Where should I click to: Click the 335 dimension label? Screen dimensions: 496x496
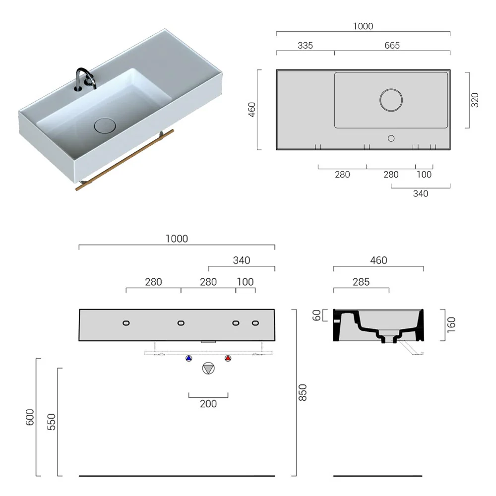click(305, 46)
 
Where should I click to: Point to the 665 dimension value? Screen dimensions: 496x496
click(392, 46)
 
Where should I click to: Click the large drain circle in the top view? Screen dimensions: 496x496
click(391, 100)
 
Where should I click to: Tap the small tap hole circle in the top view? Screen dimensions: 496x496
click(391, 137)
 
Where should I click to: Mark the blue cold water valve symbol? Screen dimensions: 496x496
click(188, 358)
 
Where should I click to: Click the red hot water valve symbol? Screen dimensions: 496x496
click(228, 358)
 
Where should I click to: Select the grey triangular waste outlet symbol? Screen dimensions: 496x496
click(208, 369)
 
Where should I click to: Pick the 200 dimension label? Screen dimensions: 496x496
click(208, 404)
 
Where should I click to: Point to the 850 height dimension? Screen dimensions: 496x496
click(303, 392)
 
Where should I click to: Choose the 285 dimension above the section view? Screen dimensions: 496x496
click(361, 282)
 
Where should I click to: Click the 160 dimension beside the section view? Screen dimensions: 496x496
click(450, 325)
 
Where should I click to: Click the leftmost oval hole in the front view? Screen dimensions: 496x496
click(126, 323)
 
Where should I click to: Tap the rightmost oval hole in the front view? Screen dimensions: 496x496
click(255, 323)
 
